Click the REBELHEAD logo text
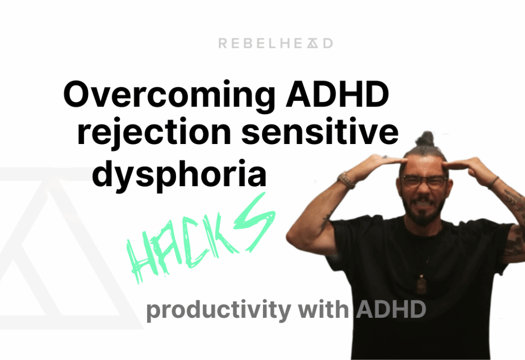tap(275, 44)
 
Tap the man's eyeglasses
tap(424, 181)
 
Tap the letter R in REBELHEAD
tap(222, 44)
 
